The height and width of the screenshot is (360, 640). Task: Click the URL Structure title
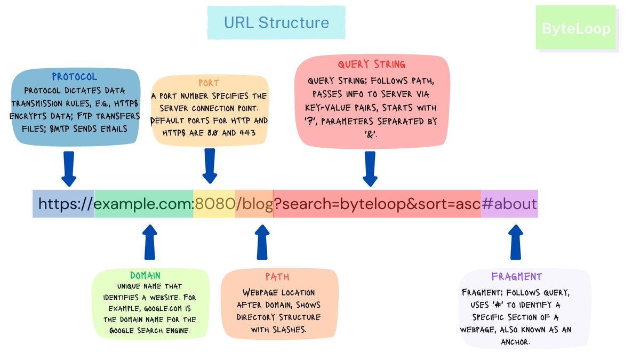[276, 22]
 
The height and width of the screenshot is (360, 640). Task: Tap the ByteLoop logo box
[575, 28]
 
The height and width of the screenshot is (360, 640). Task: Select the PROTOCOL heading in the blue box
[75, 77]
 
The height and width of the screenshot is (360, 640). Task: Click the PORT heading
[209, 83]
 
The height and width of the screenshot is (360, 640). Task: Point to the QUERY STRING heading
[371, 65]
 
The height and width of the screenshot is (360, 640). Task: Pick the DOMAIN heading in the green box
[146, 275]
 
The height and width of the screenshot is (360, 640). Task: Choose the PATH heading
[278, 277]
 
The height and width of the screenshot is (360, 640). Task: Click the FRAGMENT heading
[516, 276]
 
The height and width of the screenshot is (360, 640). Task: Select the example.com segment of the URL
[142, 204]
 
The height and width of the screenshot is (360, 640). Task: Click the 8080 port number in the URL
[214, 204]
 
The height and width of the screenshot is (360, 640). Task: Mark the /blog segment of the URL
[254, 204]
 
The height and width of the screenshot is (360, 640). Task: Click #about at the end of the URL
[509, 204]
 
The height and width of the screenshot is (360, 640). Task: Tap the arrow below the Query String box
[370, 168]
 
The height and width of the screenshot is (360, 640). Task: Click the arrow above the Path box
[263, 242]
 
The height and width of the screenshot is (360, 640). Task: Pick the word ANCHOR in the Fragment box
[516, 341]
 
